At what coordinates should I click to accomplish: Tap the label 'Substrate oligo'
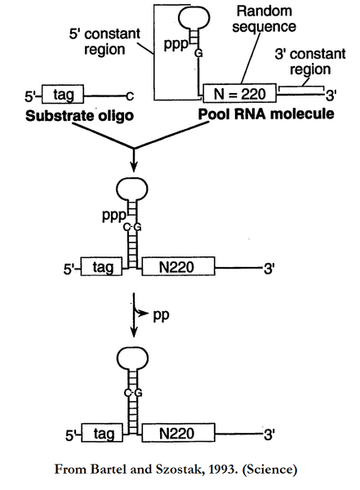click(x=73, y=114)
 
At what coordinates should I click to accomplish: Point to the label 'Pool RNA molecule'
click(x=266, y=114)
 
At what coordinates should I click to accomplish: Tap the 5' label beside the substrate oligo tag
click(x=32, y=95)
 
